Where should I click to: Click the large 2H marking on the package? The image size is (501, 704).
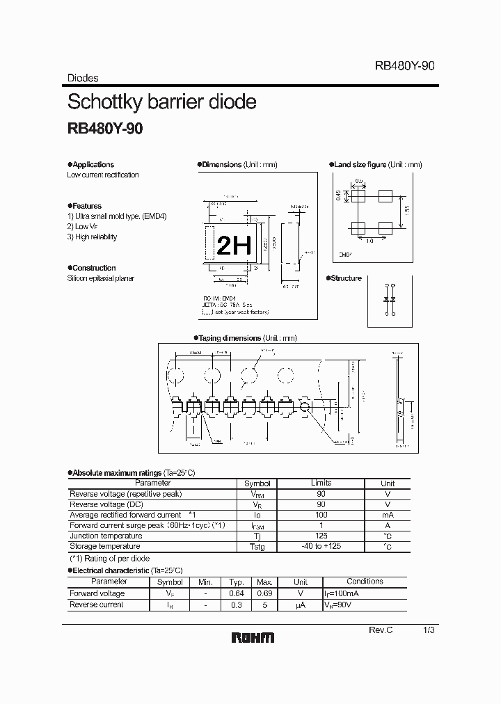click(234, 246)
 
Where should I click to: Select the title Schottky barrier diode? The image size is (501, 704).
click(161, 102)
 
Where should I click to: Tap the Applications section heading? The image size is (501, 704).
click(93, 165)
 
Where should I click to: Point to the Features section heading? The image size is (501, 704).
click(87, 206)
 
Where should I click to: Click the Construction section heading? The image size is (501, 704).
click(94, 268)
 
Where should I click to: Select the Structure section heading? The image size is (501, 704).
click(347, 278)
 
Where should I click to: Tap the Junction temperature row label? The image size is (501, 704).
click(106, 536)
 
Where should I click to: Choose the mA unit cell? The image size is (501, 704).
click(388, 515)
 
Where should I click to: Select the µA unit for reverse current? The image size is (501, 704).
click(301, 605)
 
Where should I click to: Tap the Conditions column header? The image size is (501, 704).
click(365, 582)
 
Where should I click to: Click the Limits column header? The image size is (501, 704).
click(321, 483)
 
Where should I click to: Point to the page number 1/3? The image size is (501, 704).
click(429, 630)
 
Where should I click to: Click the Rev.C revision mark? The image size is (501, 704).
click(381, 630)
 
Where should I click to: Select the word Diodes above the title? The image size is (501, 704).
click(83, 79)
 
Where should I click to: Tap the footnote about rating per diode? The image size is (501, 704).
click(109, 559)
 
